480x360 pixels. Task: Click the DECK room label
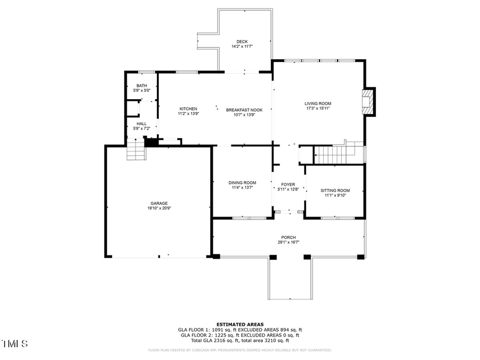(x=242, y=42)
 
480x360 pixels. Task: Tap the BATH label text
(x=141, y=86)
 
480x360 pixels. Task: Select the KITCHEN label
(x=188, y=109)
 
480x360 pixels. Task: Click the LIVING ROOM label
(x=318, y=103)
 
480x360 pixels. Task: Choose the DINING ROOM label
(x=243, y=182)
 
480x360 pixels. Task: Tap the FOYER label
(x=289, y=185)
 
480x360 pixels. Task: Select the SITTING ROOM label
(x=335, y=190)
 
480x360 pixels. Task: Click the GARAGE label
(x=159, y=203)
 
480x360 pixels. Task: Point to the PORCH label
(x=289, y=237)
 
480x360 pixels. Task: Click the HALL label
(x=141, y=124)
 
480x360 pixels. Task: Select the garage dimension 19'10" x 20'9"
(x=159, y=208)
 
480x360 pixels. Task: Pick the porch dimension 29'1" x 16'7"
(x=289, y=242)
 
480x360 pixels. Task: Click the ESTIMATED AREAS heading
(x=239, y=324)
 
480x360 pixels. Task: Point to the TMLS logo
(x=15, y=343)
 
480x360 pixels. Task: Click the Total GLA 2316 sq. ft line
(x=239, y=340)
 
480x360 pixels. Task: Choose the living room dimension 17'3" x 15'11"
(x=318, y=108)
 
